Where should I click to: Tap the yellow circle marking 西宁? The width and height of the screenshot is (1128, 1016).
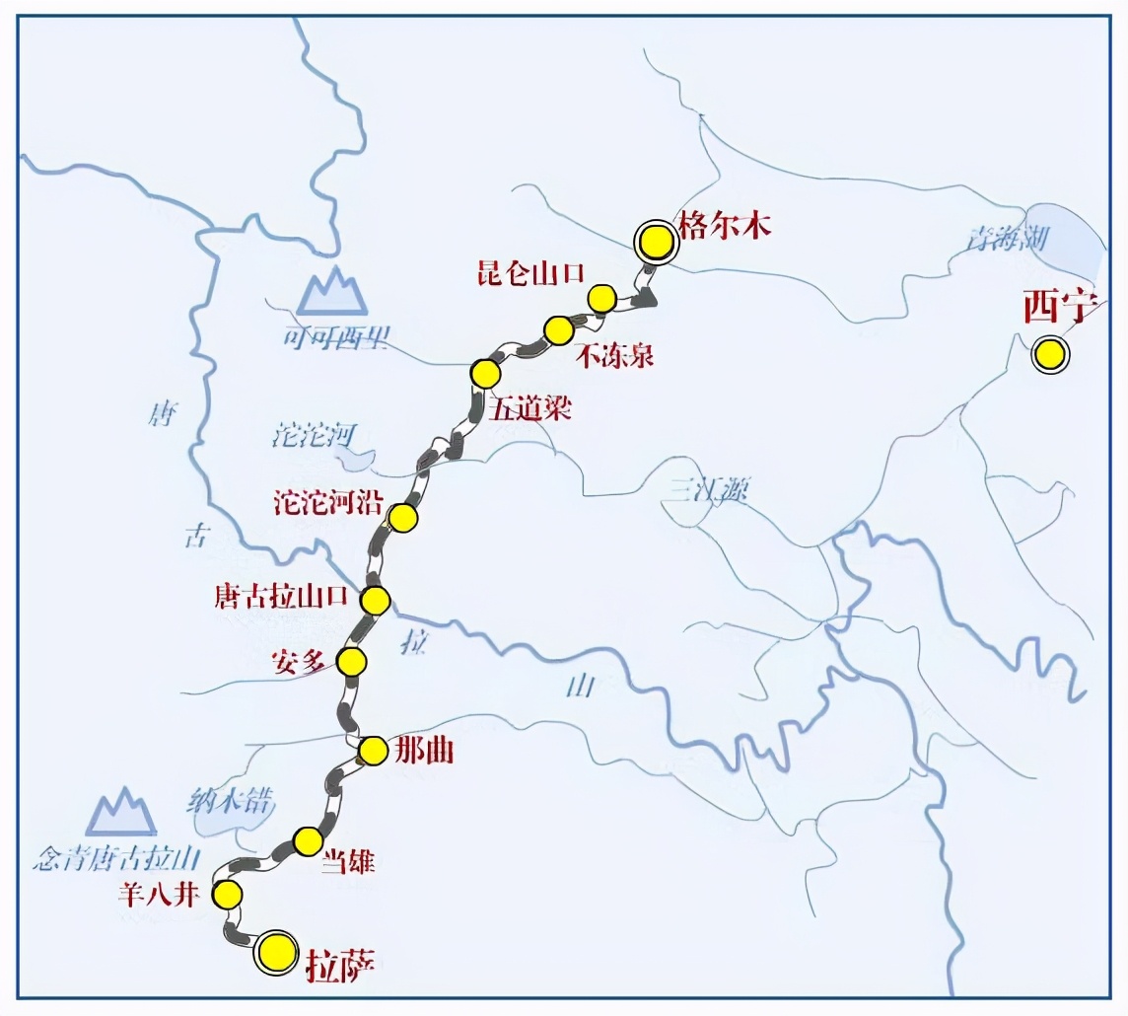[x=1050, y=353]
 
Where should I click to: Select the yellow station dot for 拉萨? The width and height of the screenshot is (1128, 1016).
[x=277, y=952]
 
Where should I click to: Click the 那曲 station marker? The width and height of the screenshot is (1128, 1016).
[x=373, y=751]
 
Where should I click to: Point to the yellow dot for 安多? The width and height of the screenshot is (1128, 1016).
[x=351, y=661]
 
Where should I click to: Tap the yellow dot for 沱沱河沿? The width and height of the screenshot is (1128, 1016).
[x=402, y=517]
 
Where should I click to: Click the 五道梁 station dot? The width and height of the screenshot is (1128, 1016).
[x=485, y=374]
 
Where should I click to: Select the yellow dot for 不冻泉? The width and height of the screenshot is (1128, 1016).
[x=558, y=330]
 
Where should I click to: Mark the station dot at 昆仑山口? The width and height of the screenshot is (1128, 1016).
[x=601, y=297]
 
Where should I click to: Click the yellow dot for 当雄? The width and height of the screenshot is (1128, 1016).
[x=309, y=841]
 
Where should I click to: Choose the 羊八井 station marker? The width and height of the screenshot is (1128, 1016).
[x=228, y=895]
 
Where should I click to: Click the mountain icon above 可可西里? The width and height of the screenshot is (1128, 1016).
[x=333, y=290]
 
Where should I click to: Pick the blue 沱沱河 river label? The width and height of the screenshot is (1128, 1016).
[x=313, y=435]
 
